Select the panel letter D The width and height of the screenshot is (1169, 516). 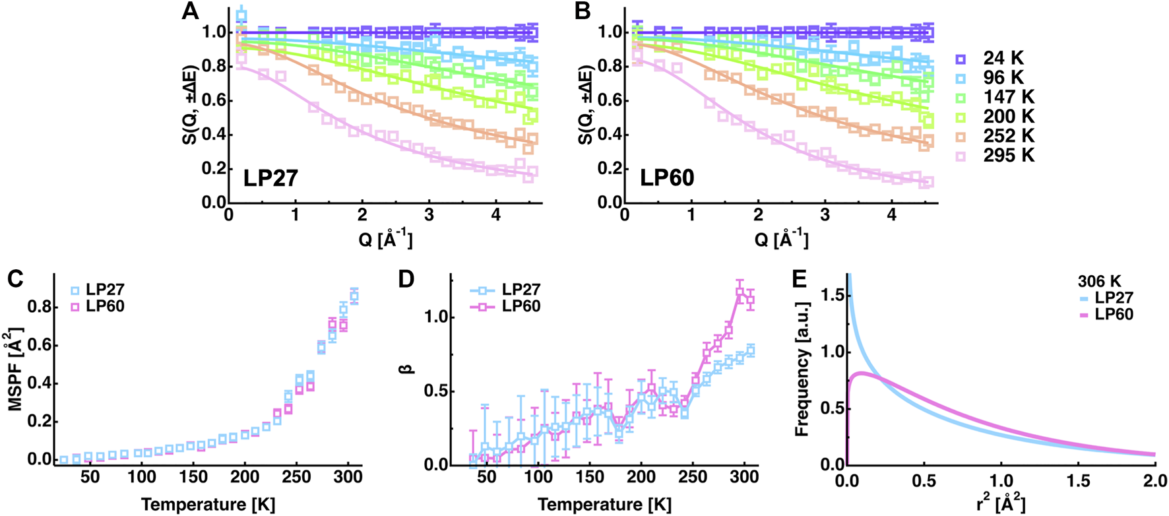tap(406, 279)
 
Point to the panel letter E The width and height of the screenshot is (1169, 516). tap(799, 279)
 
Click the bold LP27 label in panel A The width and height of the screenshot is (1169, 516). tap(270, 178)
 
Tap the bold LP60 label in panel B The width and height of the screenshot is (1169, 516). tap(667, 178)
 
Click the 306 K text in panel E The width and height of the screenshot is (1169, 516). tap(1096, 282)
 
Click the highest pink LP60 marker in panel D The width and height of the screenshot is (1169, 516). tap(740, 292)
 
